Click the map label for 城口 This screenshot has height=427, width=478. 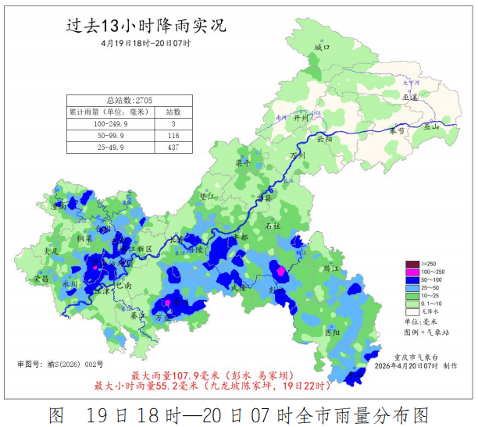point(322,48)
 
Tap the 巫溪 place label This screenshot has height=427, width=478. point(410,97)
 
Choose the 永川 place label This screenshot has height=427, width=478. point(70,284)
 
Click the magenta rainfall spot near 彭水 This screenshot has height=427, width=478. point(281,271)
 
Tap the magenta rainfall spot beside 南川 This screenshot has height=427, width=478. point(167,302)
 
